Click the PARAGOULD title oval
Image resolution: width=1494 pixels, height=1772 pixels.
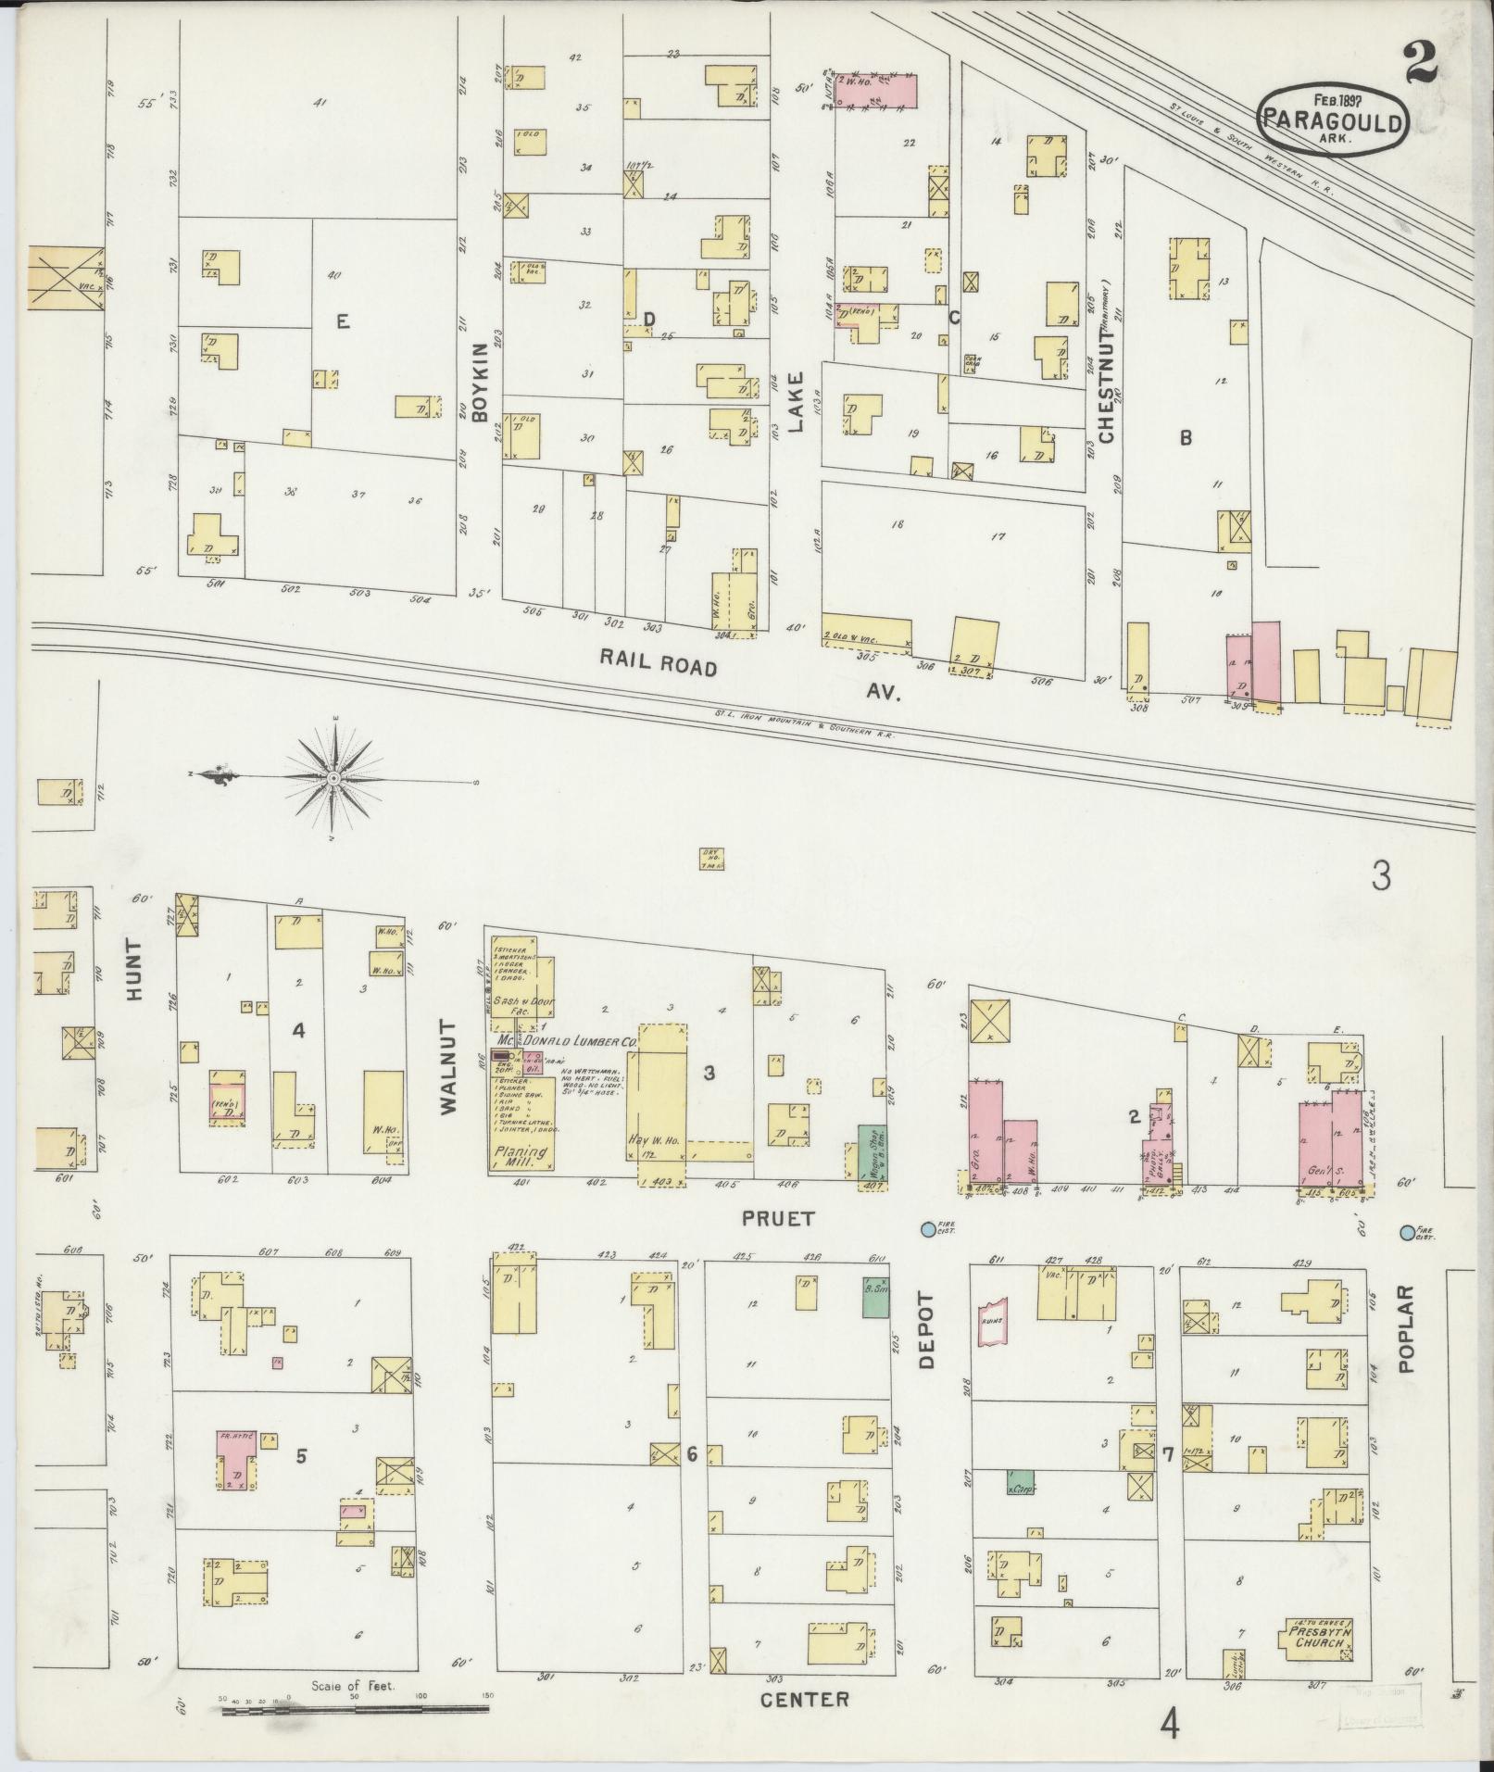[x=1333, y=119]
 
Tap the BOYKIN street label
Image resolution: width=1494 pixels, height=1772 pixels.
[x=479, y=390]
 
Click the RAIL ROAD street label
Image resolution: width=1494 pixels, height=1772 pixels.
[x=658, y=661]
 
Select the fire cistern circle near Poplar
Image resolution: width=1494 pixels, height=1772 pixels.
[x=1407, y=1232]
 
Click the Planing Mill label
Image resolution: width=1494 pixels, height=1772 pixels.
[x=520, y=1159]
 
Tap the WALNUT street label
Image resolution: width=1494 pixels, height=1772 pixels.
[x=449, y=1066]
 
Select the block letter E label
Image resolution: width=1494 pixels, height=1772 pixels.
[x=343, y=321]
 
